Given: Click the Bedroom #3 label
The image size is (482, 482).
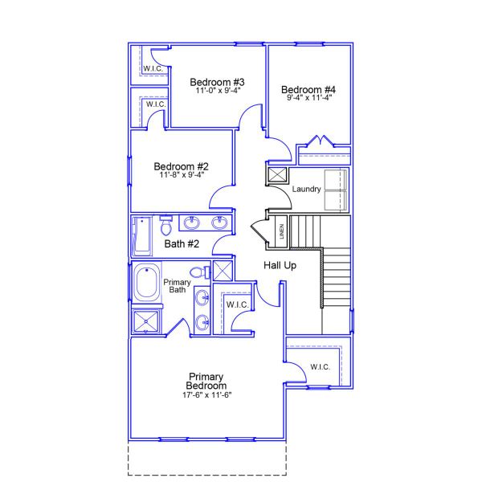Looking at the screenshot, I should [217, 82].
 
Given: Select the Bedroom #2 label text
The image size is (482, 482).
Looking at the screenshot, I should [182, 166].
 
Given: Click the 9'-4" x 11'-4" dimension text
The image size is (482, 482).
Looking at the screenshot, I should [309, 97].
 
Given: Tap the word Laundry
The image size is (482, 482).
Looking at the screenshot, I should [307, 190].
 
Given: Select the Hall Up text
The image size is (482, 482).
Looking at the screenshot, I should [280, 265].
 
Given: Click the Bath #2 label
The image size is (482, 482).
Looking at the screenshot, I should [182, 243].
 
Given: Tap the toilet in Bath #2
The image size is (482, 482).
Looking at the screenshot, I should [165, 220].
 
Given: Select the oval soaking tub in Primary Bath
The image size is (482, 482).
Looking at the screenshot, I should [147, 284].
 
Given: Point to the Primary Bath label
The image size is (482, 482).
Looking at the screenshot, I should [177, 286].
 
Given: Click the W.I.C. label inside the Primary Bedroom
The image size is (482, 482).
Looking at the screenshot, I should [320, 367].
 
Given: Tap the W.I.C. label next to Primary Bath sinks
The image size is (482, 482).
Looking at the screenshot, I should [236, 304].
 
